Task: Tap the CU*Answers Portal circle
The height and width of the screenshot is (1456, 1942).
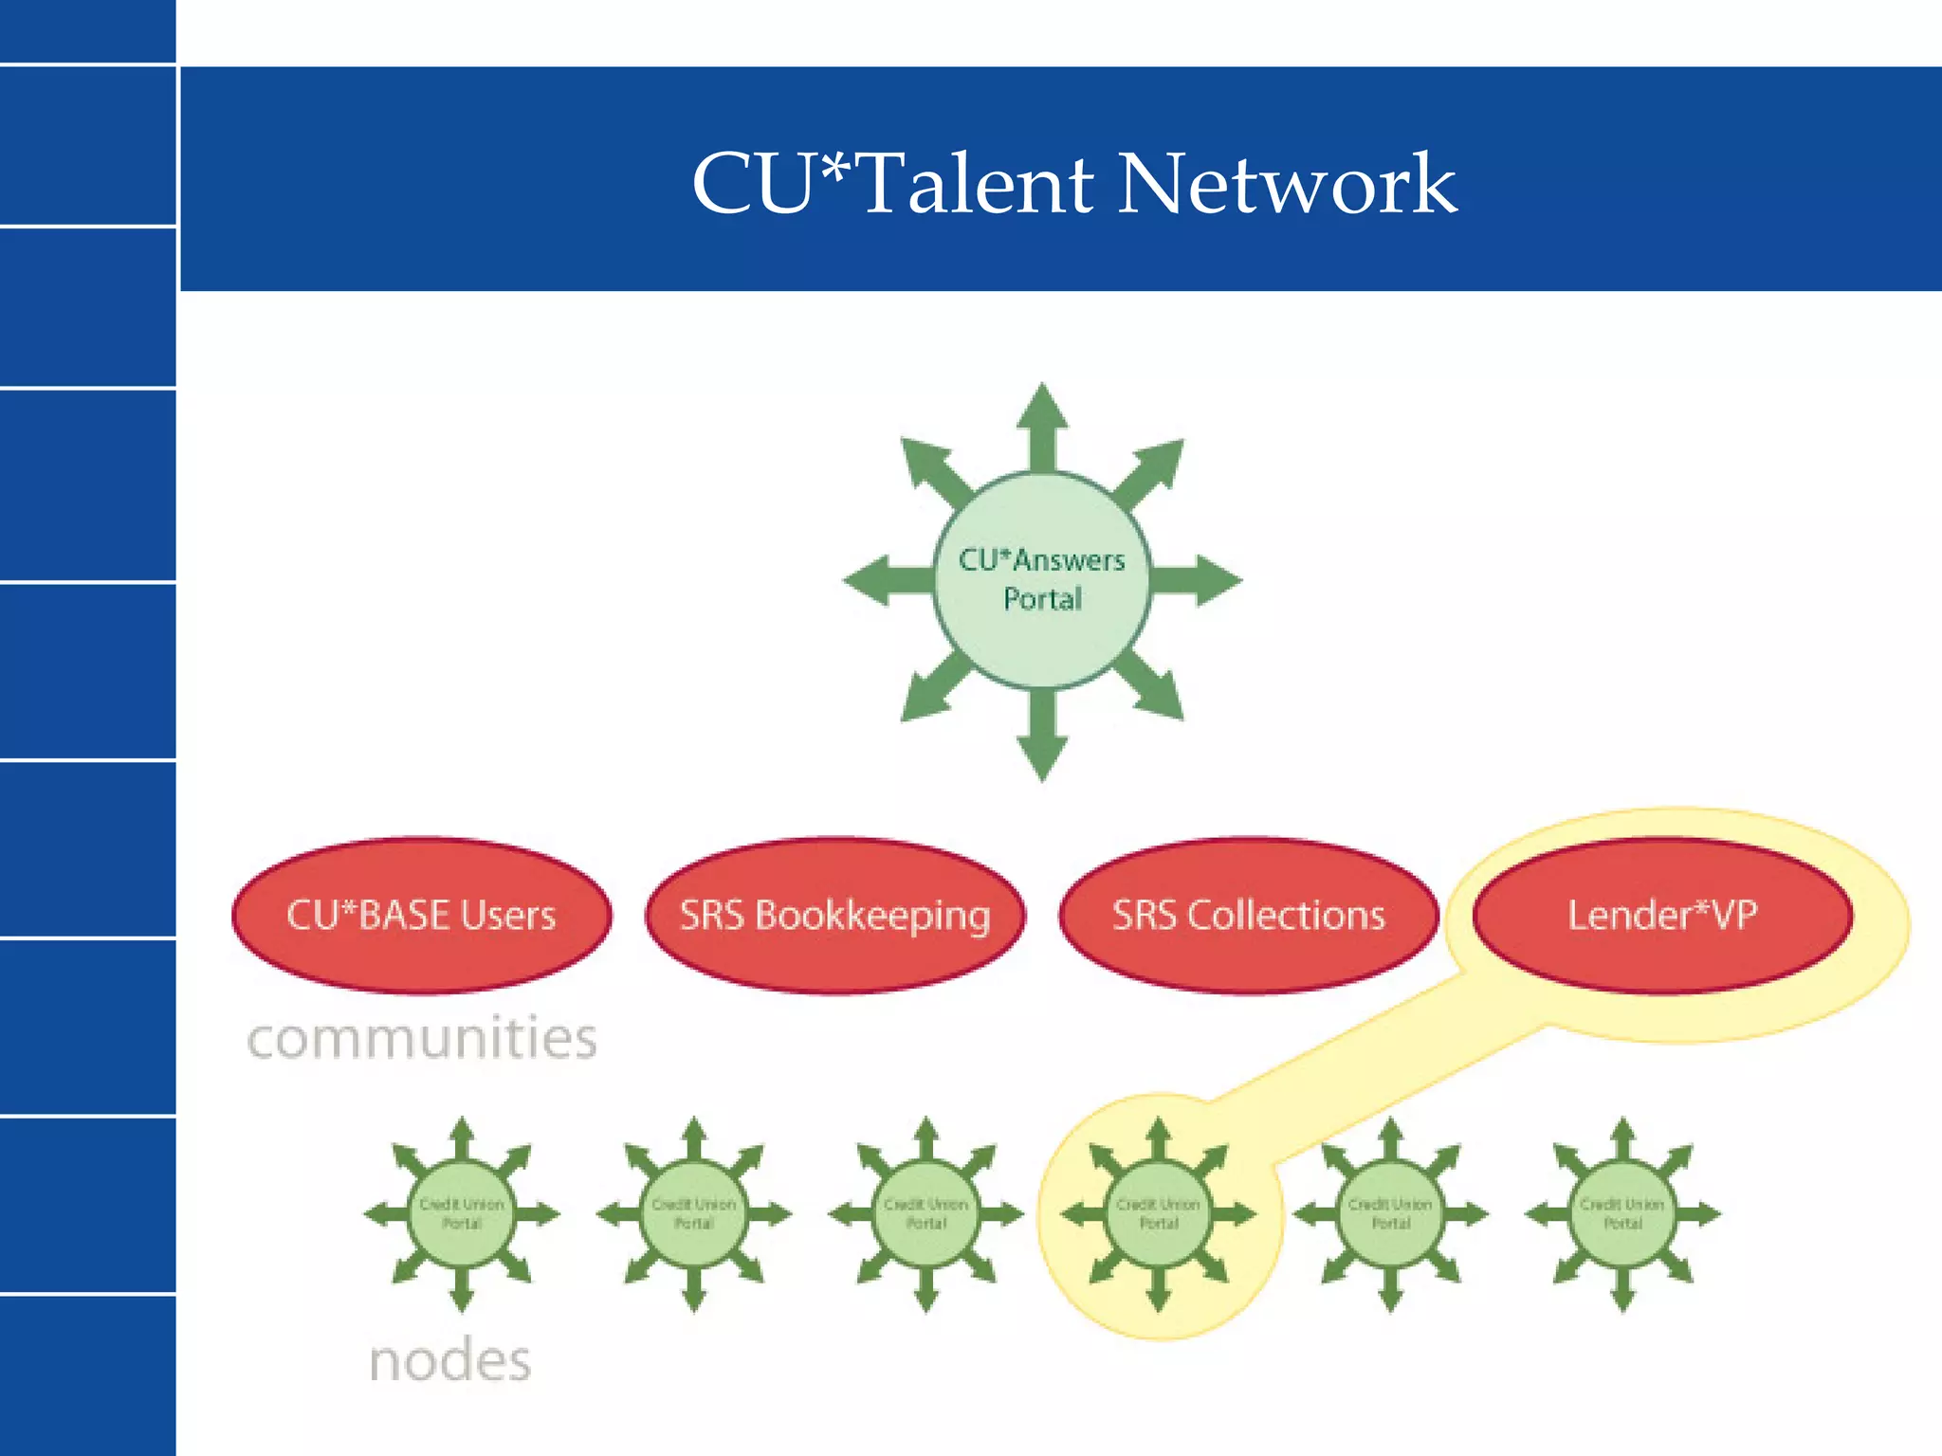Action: [1042, 579]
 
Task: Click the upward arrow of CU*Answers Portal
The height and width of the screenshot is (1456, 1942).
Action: [1042, 422]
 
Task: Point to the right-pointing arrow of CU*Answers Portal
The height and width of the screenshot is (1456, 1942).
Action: [1200, 579]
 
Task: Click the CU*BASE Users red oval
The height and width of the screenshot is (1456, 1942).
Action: [421, 916]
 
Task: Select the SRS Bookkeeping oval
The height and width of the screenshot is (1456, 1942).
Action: [834, 916]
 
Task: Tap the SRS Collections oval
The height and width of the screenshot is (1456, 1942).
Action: [1248, 916]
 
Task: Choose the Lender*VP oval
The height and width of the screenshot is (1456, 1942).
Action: [1661, 916]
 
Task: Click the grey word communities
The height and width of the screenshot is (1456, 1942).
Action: [422, 1039]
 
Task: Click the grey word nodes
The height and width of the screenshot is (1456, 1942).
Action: [449, 1361]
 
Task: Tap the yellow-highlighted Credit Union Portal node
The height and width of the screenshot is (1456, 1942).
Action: [1158, 1214]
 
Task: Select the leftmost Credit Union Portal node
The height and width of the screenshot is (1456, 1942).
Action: [462, 1214]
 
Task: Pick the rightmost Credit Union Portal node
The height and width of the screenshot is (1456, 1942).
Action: [1622, 1214]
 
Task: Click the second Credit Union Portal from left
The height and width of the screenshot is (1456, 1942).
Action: [694, 1214]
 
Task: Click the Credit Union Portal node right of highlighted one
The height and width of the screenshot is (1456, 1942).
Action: [1390, 1214]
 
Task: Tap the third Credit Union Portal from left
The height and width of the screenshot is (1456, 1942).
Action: [926, 1214]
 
